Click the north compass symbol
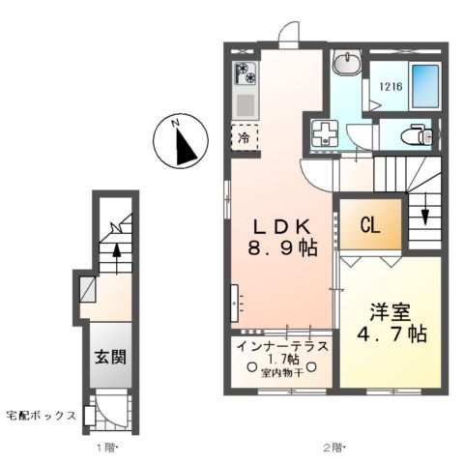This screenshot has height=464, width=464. pyautogui.click(x=183, y=141)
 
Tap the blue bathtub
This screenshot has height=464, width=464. pyautogui.click(x=423, y=85)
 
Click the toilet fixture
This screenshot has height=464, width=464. pyautogui.click(x=417, y=134)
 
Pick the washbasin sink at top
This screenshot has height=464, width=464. pyautogui.click(x=345, y=64)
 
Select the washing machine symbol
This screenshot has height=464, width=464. pyautogui.click(x=323, y=131)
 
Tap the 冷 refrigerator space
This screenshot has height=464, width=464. pyautogui.click(x=244, y=138)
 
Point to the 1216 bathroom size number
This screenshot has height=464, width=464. pyautogui.click(x=388, y=86)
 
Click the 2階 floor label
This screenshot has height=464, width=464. pyautogui.click(x=331, y=448)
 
